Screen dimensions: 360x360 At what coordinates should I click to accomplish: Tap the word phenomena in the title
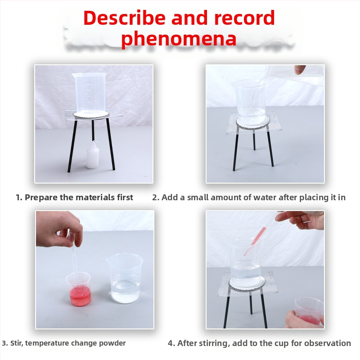coord(179,39)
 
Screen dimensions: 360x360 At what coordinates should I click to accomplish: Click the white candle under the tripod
coord(93,155)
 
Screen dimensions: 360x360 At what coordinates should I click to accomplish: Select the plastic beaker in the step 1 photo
coord(89,93)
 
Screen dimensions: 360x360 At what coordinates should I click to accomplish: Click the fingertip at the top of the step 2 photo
coord(300,69)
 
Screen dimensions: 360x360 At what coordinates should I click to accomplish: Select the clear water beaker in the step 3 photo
coord(125,278)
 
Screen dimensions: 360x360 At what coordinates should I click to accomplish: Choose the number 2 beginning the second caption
coord(155,198)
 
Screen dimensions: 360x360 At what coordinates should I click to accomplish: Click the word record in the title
coord(244,18)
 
